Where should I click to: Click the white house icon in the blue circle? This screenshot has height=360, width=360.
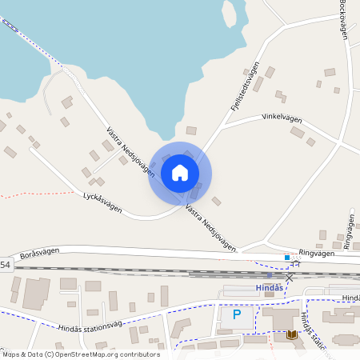click(180, 172)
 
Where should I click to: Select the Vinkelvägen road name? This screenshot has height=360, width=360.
click(282, 118)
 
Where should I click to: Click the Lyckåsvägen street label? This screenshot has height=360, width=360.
click(102, 202)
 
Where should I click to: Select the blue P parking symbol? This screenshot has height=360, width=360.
click(236, 314)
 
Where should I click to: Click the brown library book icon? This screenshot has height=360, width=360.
click(291, 334)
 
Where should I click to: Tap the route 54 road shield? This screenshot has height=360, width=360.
click(5, 265)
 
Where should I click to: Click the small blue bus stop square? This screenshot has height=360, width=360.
click(287, 258)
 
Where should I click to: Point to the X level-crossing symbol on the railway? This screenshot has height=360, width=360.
click(290, 276)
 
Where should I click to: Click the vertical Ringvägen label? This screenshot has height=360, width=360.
click(348, 230)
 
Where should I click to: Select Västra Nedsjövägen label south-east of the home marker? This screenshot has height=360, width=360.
click(211, 228)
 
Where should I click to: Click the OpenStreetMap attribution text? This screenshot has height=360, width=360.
click(81, 354)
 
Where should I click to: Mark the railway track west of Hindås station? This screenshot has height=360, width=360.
click(120, 271)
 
